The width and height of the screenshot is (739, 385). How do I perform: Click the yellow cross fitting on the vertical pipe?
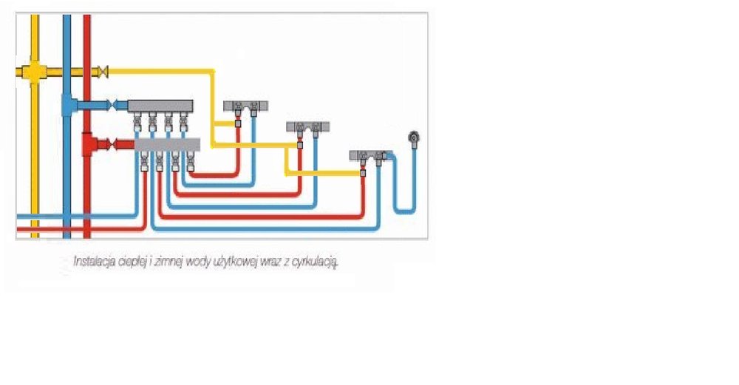(34, 72)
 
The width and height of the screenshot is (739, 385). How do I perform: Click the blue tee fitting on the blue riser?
(67, 106)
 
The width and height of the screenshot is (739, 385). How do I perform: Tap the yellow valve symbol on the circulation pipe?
(103, 71)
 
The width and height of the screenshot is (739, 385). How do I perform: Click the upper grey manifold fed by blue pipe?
(160, 106)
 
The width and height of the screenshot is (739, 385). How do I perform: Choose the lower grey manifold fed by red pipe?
(168, 145)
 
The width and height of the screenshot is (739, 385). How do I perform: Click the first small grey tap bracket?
(245, 105)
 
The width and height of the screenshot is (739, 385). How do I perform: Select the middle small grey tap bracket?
(307, 126)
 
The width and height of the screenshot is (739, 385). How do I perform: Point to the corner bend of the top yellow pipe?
(213, 72)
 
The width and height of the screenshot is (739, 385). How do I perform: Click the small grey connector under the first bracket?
(238, 123)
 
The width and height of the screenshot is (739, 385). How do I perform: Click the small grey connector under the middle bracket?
(300, 145)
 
